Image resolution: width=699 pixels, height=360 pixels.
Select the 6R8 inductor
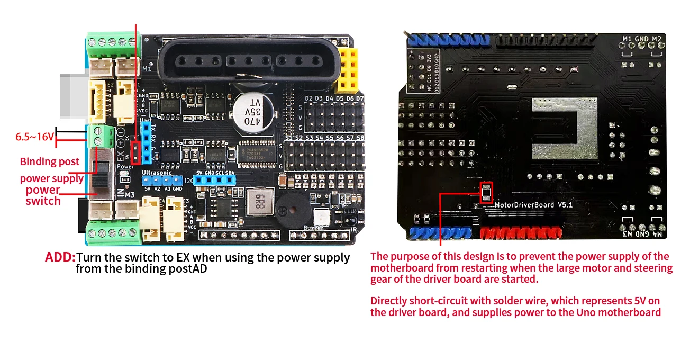[x=259, y=202]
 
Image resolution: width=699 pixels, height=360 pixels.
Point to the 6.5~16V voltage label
[x=34, y=137]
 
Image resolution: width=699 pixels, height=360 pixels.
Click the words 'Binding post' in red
[x=50, y=161]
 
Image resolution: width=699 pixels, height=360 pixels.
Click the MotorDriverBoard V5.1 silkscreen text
[x=533, y=205]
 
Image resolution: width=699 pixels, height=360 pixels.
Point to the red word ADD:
[x=60, y=258]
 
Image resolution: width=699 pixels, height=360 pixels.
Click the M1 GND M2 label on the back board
[x=642, y=39]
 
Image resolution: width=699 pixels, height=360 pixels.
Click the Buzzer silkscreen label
[x=314, y=228]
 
